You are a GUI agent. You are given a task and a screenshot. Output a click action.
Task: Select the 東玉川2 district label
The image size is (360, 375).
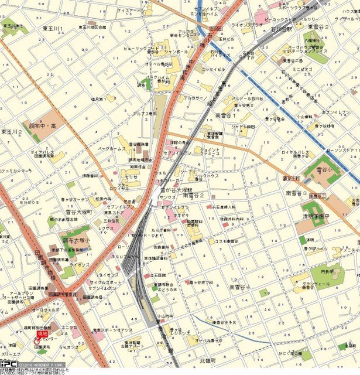(12, 132)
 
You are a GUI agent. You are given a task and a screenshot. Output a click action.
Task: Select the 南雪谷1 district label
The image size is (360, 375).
(225, 115)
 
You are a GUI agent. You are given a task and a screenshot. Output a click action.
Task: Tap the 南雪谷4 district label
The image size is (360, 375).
(239, 287)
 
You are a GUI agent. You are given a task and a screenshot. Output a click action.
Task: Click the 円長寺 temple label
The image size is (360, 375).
(320, 271)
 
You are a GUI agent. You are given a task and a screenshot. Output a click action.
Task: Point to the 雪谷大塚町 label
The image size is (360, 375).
(78, 212)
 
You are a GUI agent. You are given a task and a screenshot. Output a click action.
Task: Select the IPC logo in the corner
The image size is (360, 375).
(8, 363)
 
